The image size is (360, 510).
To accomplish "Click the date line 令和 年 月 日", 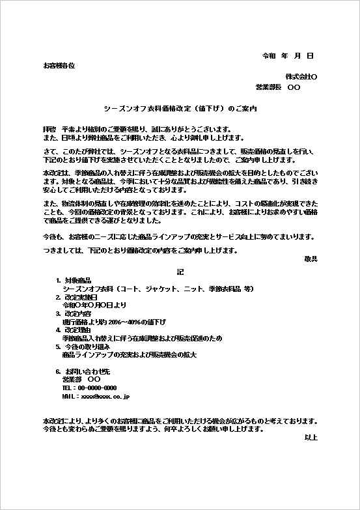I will click(288, 57).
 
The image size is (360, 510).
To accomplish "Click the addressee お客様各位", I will click(59, 66).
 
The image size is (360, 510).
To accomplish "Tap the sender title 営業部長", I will click(268, 87).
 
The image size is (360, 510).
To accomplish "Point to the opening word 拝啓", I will click(49, 129).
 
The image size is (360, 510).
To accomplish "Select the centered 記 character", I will click(180, 270).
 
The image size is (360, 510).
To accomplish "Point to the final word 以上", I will click(311, 438).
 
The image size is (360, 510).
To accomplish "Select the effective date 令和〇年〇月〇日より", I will click(94, 305).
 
